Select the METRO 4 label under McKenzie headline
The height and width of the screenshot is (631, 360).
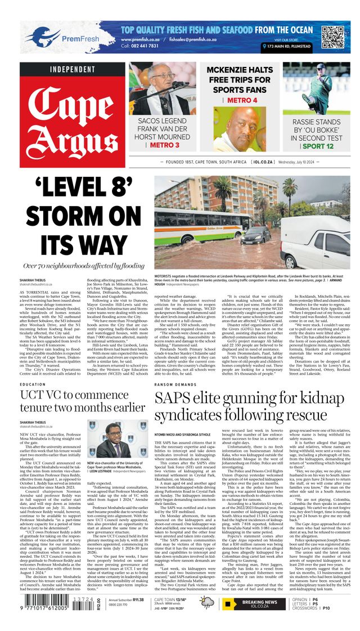[228, 100]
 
